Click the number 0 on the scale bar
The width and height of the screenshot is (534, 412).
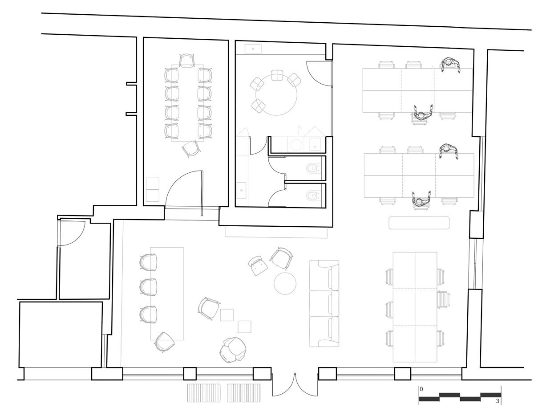point(422,389)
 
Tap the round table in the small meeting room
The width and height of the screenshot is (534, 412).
point(276,94)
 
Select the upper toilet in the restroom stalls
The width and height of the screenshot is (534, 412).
point(312,168)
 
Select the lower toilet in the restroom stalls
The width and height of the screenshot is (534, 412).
point(312,196)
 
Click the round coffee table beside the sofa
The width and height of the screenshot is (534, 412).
point(285,283)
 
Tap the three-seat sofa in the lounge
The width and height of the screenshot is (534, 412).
point(324,303)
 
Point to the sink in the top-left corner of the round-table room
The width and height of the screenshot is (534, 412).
point(253,49)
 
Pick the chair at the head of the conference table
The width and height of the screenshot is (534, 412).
point(186,61)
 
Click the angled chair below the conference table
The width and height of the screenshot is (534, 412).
point(191,149)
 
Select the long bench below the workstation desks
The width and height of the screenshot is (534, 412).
point(419,223)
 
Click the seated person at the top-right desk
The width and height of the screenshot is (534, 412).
point(450,65)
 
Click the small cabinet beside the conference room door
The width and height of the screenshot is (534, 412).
point(152,189)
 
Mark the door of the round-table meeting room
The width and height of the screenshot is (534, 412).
point(319,73)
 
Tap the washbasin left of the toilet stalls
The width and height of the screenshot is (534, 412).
point(242,190)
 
